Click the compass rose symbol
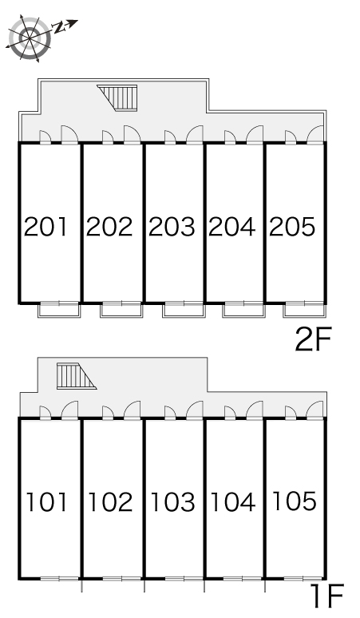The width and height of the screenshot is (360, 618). [30, 38]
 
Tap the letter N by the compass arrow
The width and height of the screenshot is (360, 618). [58, 28]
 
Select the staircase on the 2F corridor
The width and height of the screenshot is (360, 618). [117, 97]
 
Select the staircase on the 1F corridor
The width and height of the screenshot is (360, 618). [77, 376]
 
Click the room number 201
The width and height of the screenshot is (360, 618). [45, 227]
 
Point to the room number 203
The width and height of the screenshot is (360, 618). [172, 227]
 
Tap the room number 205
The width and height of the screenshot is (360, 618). [292, 227]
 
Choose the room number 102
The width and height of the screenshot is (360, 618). [110, 501]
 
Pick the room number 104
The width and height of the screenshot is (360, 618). [233, 501]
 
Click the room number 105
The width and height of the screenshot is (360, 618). [295, 501]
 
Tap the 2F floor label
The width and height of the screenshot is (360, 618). [314, 339]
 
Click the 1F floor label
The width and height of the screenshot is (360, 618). [327, 596]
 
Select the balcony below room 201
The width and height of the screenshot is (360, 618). [59, 310]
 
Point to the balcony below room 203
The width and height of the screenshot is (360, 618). [184, 310]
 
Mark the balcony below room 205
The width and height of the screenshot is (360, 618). [304, 310]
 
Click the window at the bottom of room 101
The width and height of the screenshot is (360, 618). [60, 579]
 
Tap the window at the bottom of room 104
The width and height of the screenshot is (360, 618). [242, 579]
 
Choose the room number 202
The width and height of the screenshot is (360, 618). [109, 227]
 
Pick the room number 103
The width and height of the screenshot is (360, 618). [172, 501]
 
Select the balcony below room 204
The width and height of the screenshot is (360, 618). [243, 310]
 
